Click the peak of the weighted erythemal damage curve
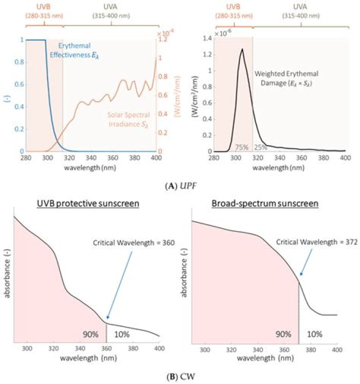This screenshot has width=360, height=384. point(242,49)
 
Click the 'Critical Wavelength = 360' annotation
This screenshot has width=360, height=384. point(123,242)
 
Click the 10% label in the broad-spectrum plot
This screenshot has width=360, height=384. point(314,333)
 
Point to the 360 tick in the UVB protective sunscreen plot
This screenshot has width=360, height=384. point(106,348)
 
